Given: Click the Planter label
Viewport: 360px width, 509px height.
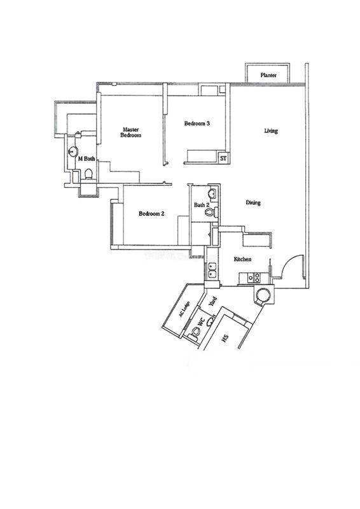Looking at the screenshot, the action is coord(268,75).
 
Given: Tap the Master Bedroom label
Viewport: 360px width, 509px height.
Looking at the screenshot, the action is coord(131,132).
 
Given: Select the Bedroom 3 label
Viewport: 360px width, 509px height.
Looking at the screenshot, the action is coord(197,123).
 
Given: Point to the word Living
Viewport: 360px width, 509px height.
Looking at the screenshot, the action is coord(271,131).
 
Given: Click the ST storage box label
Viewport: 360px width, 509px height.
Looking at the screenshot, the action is coord(223,158).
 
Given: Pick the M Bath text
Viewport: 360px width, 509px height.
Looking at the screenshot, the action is coord(87,158).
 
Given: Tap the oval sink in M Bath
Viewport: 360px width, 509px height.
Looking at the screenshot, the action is coord(73,151).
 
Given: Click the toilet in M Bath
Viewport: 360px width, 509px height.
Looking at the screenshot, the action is coord(88,174).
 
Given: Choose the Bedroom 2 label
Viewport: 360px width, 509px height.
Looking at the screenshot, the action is coord(151,214).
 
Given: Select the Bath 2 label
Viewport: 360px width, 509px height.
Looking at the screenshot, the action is coord(201,205).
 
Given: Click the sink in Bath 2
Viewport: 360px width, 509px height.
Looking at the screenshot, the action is coord(212,193).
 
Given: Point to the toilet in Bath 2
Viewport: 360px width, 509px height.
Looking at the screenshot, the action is coord(210,213).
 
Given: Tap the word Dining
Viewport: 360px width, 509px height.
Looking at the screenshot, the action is coord(253,202).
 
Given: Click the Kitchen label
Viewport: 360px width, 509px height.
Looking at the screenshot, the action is coord(242,259).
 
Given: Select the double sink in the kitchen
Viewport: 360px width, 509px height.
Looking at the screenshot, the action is coord(212,270).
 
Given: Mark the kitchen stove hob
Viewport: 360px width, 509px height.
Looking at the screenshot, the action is coord(254,277).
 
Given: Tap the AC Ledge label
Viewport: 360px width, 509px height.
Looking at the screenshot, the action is coord(184,309).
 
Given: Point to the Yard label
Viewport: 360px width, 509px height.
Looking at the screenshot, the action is coord(212,302).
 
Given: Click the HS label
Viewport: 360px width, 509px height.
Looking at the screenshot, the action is coord(225,339).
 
